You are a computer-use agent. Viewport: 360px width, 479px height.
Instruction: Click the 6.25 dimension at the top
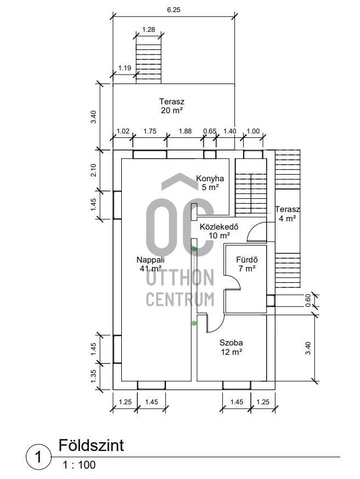(173, 10)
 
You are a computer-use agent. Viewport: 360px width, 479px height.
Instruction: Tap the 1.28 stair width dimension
(149, 30)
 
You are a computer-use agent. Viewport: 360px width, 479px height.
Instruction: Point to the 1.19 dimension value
(125, 68)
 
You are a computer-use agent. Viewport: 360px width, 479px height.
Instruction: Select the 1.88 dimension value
(185, 131)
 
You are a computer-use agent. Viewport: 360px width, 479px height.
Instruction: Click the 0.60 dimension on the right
(308, 300)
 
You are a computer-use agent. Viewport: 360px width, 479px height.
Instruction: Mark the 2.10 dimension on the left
(93, 170)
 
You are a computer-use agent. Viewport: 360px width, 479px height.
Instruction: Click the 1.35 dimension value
(93, 376)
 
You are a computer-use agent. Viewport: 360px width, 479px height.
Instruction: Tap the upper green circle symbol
(194, 249)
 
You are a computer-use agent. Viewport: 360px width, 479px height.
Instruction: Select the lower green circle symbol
(194, 323)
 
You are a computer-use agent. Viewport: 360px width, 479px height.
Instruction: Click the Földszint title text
(91, 445)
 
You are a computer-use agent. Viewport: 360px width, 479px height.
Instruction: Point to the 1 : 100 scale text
(79, 465)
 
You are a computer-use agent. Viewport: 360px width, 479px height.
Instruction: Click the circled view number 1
(38, 457)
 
